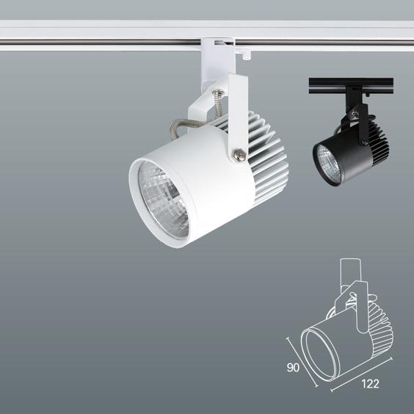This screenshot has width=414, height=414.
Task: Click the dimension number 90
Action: pos(293,367)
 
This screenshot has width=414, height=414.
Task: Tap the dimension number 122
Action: pos(370,384)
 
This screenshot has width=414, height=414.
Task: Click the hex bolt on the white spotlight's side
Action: pos(239,155)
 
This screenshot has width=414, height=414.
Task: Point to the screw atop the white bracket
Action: pos(218,92)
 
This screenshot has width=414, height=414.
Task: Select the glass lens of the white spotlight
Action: pos(164,200)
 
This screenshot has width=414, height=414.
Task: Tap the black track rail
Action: pos(351,86)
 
